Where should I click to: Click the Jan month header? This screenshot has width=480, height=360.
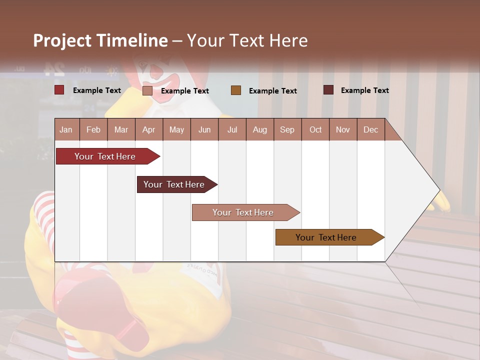click(x=66, y=129)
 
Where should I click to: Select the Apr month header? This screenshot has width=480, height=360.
click(x=149, y=129)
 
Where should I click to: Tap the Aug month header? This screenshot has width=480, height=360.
click(x=260, y=129)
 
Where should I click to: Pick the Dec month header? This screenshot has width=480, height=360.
click(x=371, y=129)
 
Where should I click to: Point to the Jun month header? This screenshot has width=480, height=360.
click(x=204, y=129)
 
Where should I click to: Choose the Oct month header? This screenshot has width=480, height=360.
click(x=315, y=129)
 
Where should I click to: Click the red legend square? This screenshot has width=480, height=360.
click(x=59, y=90)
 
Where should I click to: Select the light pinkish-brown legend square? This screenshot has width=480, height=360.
click(x=147, y=90)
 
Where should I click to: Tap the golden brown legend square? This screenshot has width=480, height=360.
click(x=236, y=90)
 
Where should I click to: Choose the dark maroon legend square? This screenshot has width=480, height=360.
click(x=328, y=90)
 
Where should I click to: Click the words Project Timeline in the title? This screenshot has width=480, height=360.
click(x=100, y=40)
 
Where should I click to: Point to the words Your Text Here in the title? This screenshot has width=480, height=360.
click(x=247, y=40)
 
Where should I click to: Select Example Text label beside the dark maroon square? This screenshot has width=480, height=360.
click(x=364, y=90)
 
